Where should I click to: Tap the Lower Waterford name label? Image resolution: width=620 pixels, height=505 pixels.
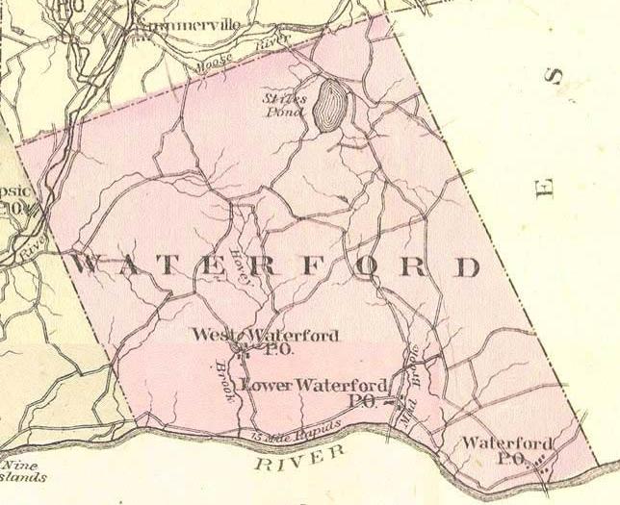[315, 386]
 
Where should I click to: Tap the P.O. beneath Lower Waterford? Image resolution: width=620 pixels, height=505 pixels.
[363, 401]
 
